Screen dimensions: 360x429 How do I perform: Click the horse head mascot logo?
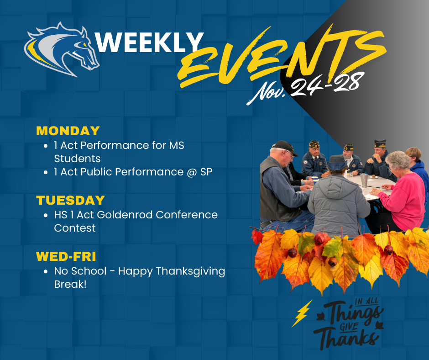coord(63,48)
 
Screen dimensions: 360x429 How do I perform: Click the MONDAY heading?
coord(68,131)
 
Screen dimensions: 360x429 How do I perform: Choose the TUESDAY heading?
coord(70,200)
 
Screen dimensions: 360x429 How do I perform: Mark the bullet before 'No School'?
coord(46,271)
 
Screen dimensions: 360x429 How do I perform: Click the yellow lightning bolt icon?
coord(302,313)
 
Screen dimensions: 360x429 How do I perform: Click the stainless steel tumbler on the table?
coord(363,180)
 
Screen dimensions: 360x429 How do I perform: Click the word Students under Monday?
coord(77,159)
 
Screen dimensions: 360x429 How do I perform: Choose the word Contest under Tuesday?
coord(75,228)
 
